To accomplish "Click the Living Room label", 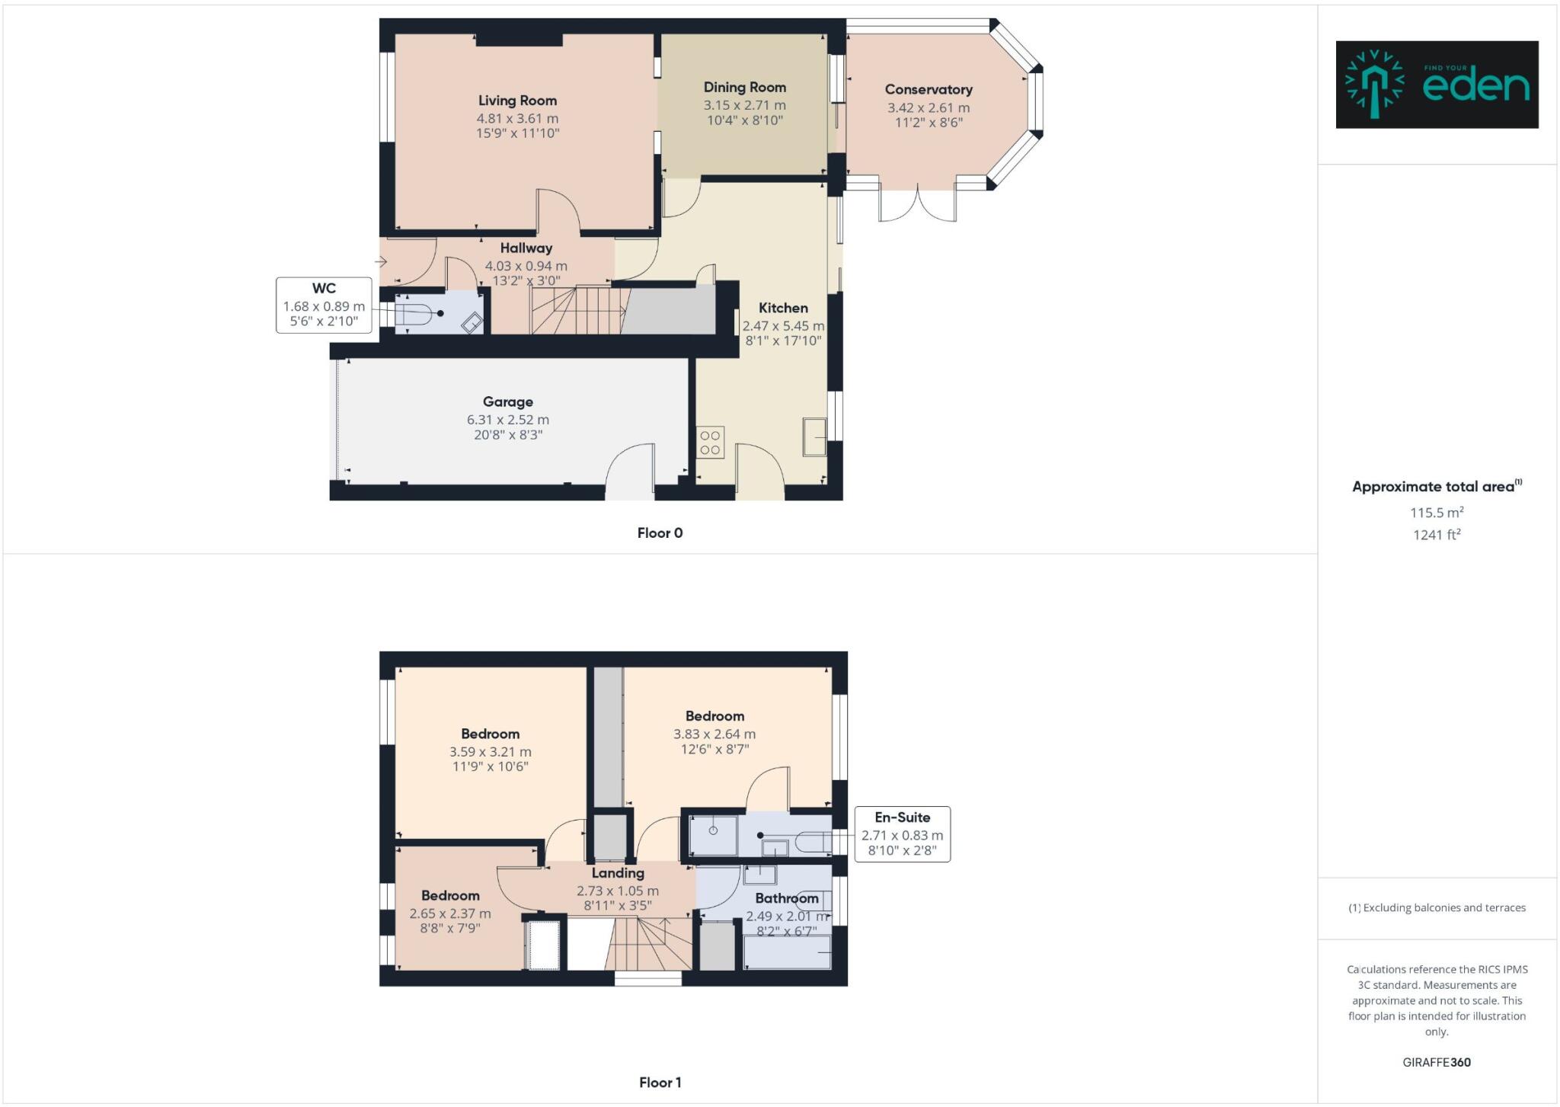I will click(x=517, y=101).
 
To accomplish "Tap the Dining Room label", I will click(x=744, y=88).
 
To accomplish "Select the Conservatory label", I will click(x=928, y=90).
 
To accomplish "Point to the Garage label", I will click(x=507, y=402).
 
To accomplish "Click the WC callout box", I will click(x=324, y=305).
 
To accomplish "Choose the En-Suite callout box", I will click(x=902, y=834).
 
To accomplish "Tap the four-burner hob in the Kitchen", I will click(x=710, y=443).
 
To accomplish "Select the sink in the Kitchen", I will click(x=814, y=437).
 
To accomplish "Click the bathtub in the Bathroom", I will click(x=787, y=952).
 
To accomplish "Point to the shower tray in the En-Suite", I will click(x=713, y=836).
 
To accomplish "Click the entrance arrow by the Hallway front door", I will click(x=382, y=262).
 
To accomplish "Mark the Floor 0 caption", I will click(x=660, y=533).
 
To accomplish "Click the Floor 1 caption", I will click(x=660, y=1083).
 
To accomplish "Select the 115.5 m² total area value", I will click(x=1437, y=513).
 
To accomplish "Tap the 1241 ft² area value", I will click(x=1437, y=535).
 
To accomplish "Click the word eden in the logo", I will click(x=1475, y=86).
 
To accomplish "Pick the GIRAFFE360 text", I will click(x=1437, y=1062).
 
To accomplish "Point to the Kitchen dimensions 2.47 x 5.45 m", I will click(x=783, y=326).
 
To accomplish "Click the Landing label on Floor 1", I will click(x=618, y=873).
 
